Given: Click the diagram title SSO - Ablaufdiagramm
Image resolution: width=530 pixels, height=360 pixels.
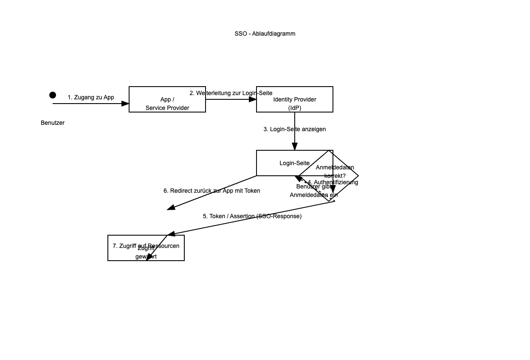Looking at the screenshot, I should (265, 34).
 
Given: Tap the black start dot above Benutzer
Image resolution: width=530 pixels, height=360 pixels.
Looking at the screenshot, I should (53, 95).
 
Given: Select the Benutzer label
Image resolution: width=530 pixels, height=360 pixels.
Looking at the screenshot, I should (53, 123).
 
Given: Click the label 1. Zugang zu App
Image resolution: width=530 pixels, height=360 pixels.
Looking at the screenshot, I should (91, 97).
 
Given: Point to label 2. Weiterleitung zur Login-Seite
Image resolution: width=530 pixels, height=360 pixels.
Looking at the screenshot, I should (231, 93).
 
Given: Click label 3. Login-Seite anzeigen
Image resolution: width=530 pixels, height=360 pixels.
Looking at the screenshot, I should (295, 129).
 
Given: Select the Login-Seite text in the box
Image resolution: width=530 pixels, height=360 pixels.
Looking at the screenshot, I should (294, 163).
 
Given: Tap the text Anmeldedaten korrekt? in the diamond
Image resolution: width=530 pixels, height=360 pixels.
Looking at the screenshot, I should (335, 171).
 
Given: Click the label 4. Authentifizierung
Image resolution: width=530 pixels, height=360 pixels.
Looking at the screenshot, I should (333, 182).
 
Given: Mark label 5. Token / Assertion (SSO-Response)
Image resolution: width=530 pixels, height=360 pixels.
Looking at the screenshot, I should (252, 216).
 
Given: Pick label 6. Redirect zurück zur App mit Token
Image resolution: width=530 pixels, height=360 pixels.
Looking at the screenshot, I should (212, 191).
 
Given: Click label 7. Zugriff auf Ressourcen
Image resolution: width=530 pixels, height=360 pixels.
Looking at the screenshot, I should (146, 246).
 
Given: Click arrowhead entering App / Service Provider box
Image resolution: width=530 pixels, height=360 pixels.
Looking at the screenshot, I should (125, 104).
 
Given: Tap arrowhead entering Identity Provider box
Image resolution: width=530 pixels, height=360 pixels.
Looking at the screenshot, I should (253, 99).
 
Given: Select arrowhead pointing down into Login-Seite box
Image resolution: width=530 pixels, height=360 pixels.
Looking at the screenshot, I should (295, 146).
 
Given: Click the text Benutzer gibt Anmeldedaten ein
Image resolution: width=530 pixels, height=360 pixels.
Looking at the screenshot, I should (314, 191).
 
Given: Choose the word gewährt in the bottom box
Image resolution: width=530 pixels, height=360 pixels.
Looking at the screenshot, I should (146, 256).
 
